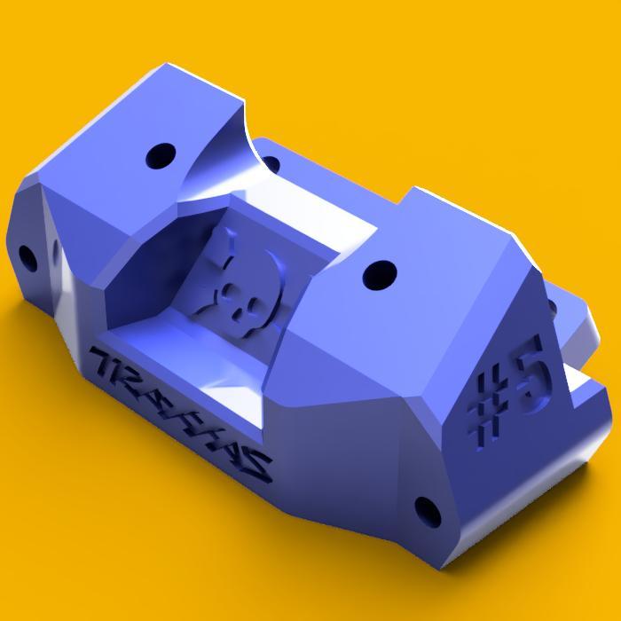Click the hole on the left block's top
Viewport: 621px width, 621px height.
pos(161,157)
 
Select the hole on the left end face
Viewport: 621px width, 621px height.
pos(28,258)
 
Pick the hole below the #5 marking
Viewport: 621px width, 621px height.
pos(428,510)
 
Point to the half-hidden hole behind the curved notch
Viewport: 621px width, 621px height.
pos(271,164)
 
